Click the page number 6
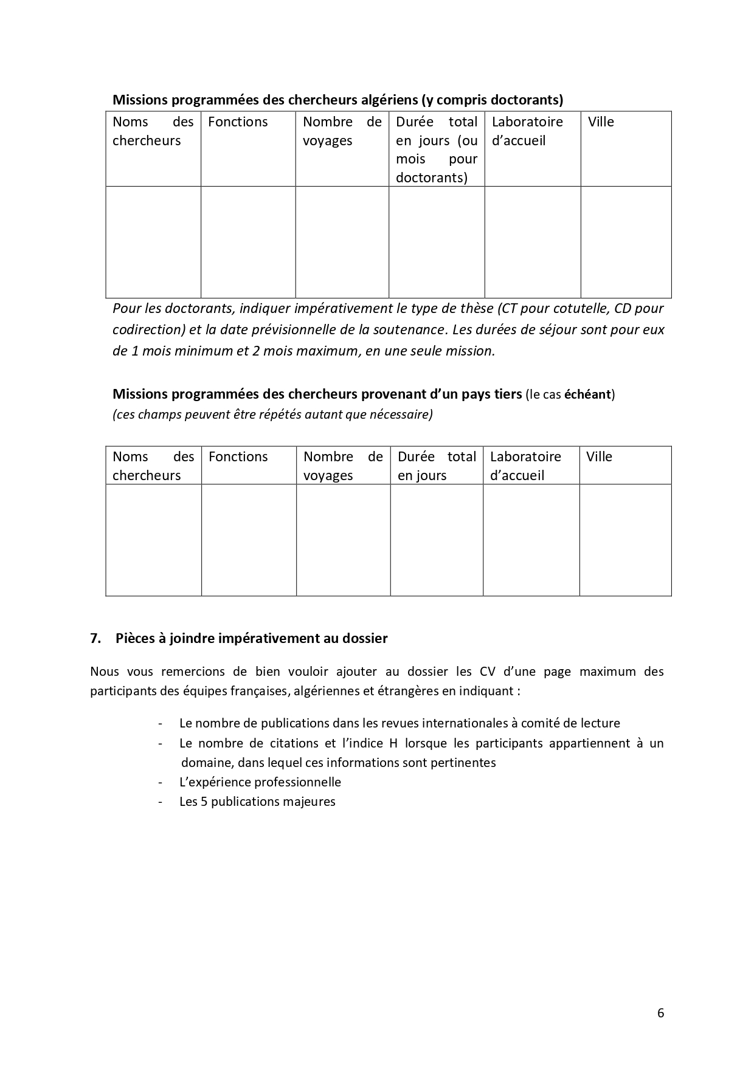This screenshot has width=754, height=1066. pyautogui.click(x=660, y=1013)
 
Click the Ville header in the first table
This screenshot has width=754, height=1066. pyautogui.click(x=601, y=122)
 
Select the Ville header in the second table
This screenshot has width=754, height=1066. pyautogui.click(x=599, y=457)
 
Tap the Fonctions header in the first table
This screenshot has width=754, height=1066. pyautogui.click(x=238, y=122)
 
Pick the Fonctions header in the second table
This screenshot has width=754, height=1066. pyautogui.click(x=238, y=457)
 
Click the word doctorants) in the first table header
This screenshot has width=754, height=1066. pyautogui.click(x=431, y=178)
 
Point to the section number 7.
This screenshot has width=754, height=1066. pyautogui.click(x=94, y=639)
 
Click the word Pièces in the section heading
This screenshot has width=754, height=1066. pyautogui.click(x=132, y=639)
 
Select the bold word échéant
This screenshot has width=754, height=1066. pyautogui.click(x=587, y=394)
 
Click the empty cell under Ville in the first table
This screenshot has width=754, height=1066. pyautogui.click(x=626, y=242)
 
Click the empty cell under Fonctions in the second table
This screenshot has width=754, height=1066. pyautogui.click(x=249, y=540)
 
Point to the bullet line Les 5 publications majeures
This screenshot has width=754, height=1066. pyautogui.click(x=257, y=802)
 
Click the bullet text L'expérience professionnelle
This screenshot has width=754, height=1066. pyautogui.click(x=260, y=782)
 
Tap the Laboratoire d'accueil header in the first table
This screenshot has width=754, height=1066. pyautogui.click(x=527, y=131)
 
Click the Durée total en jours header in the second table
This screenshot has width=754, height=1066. pyautogui.click(x=436, y=466)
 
